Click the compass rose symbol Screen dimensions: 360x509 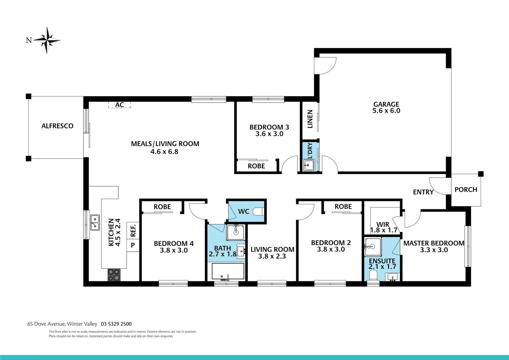[x=47, y=40]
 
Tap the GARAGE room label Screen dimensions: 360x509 [x=386, y=104]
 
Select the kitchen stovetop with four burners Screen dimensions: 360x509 [x=114, y=275]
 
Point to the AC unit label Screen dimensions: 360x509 [x=119, y=105]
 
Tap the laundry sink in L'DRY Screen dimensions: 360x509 [x=309, y=165]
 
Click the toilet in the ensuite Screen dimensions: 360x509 [x=373, y=275]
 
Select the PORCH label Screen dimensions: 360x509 [x=466, y=190]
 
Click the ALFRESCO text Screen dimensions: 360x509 [x=57, y=126]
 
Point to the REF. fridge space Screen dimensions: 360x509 [x=133, y=231]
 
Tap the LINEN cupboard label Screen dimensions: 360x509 [x=310, y=119]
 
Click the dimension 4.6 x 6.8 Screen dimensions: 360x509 [x=164, y=152]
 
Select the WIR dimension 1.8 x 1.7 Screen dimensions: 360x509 [x=383, y=230]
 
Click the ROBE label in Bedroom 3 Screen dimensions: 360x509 [x=256, y=166]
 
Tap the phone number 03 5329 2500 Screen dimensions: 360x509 [x=116, y=324]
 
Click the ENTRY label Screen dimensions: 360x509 [x=423, y=192]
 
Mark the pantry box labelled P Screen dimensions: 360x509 [x=133, y=245]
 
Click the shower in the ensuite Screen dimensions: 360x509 [x=372, y=247]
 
